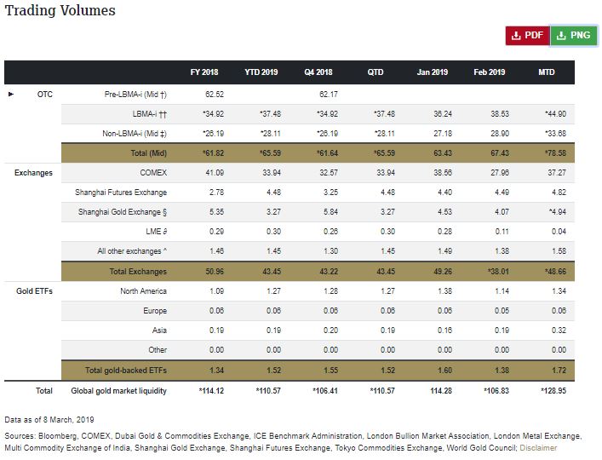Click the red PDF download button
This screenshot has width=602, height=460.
[x=527, y=35]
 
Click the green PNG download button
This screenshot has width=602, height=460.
[x=573, y=35]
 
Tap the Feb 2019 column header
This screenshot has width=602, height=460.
[x=489, y=72]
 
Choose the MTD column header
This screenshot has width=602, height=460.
[x=547, y=72]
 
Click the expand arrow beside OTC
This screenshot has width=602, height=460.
[x=11, y=94]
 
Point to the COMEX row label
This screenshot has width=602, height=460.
[x=150, y=173]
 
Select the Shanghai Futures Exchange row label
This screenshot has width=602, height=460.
[x=121, y=193]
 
